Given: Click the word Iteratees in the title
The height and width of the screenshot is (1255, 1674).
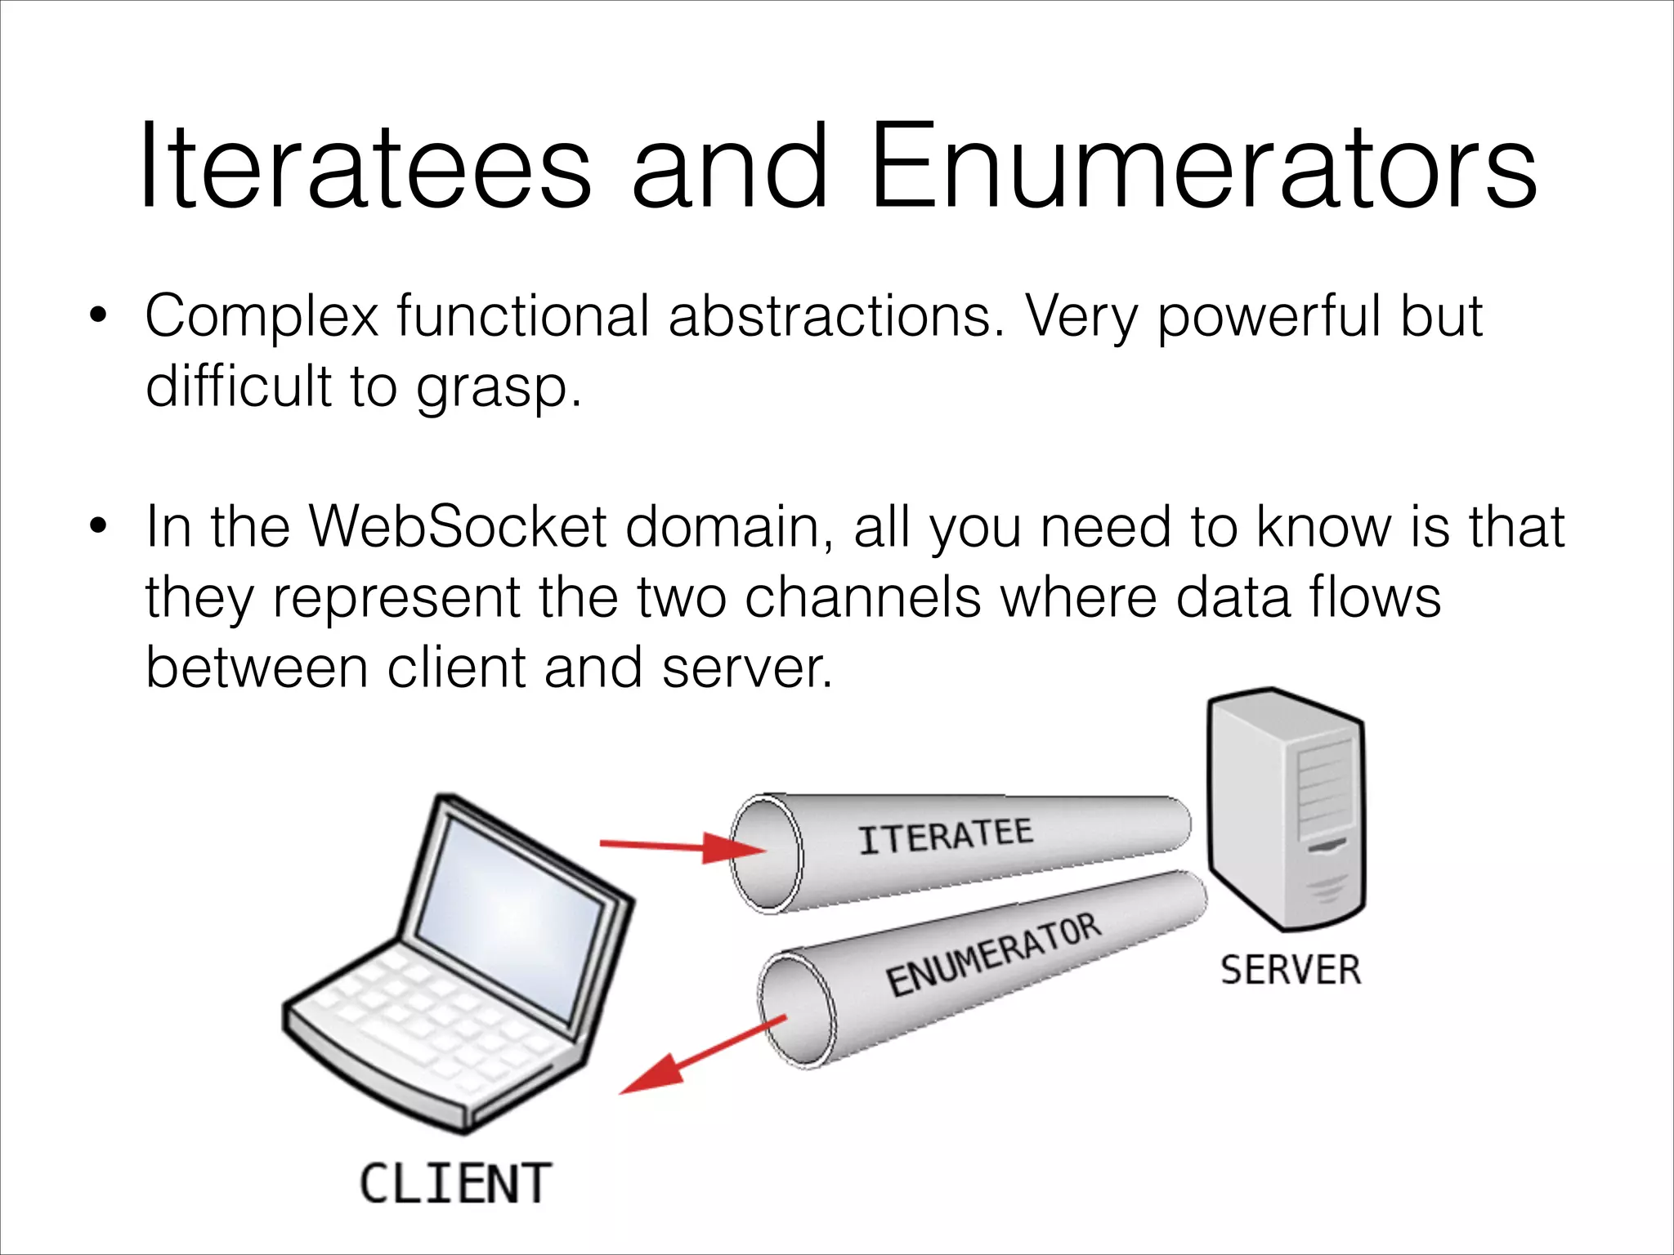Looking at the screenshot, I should point(365,167).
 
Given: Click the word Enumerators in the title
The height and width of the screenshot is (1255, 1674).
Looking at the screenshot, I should point(1202,167).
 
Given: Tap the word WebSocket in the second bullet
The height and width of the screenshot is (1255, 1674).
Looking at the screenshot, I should point(458,527).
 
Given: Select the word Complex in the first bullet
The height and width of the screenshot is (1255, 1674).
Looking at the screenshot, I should point(262,317).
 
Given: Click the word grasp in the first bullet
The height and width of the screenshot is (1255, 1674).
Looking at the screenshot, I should point(490,387).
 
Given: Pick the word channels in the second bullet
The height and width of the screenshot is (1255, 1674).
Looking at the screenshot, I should point(862,597).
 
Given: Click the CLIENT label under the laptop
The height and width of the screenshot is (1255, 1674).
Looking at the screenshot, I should point(455,1184).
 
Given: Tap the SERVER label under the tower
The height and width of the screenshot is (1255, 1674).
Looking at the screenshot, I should point(1291,970).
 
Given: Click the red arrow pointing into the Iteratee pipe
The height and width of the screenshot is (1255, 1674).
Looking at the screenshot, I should point(683,847).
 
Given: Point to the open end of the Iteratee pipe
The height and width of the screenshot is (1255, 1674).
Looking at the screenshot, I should point(765,855).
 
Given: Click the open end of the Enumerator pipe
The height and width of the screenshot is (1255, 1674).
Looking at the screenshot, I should point(796,1010).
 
